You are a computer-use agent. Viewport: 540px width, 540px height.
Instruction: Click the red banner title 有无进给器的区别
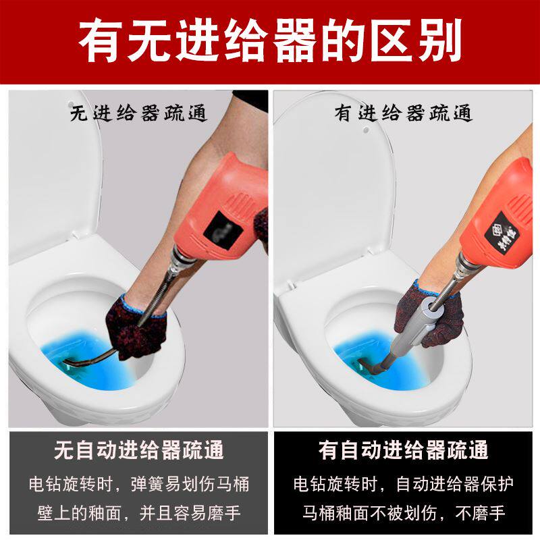pyautogui.click(x=271, y=41)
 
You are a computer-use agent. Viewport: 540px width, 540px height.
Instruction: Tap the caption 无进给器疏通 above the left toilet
pyautogui.click(x=138, y=113)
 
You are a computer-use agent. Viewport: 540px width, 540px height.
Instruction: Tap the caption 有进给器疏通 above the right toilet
pyautogui.click(x=403, y=113)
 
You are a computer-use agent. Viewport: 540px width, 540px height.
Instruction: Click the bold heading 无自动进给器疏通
pyautogui.click(x=139, y=450)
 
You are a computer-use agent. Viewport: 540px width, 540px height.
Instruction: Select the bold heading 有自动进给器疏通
pyautogui.click(x=403, y=450)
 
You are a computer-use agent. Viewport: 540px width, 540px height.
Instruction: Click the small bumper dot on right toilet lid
pyautogui.click(x=366, y=130)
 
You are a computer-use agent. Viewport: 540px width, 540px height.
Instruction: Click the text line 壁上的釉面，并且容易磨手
pyautogui.click(x=139, y=513)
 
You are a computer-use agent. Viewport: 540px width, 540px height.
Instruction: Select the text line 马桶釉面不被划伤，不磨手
pyautogui.click(x=403, y=513)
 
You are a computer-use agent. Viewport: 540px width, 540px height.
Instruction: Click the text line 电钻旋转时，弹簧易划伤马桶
pyautogui.click(x=139, y=484)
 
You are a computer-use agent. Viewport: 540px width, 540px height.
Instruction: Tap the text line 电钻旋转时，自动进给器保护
pyautogui.click(x=403, y=484)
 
